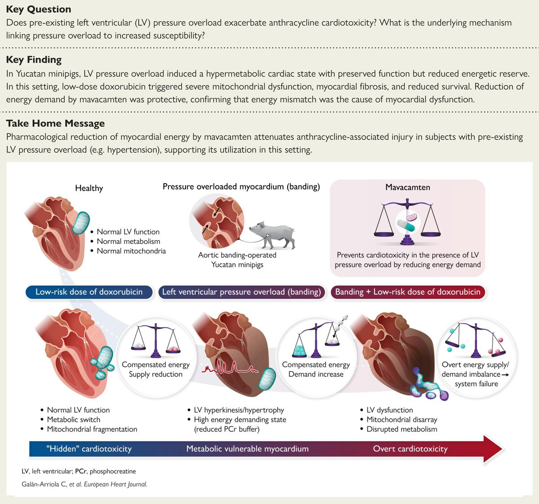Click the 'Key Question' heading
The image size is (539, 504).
39,9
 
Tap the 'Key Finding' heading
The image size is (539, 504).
34,60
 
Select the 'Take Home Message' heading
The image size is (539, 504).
55,124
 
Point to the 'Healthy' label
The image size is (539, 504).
89,188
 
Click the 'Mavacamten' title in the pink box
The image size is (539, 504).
408,187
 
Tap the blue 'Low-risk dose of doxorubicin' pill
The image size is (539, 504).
89,292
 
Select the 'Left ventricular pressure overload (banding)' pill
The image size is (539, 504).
242,292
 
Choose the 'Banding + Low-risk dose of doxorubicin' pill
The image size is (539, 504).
408,292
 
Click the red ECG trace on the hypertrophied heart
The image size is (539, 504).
230,367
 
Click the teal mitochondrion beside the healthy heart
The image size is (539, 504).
81,223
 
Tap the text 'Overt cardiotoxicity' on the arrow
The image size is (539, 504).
410,449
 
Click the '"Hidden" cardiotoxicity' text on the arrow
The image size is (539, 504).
89,449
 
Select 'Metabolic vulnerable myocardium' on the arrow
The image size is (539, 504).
247,449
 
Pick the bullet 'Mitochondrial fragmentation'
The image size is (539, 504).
92,429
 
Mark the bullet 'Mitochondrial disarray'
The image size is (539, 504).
402,420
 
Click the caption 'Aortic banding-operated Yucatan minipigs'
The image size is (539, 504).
237,260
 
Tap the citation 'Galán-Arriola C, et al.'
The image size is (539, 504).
52,484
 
